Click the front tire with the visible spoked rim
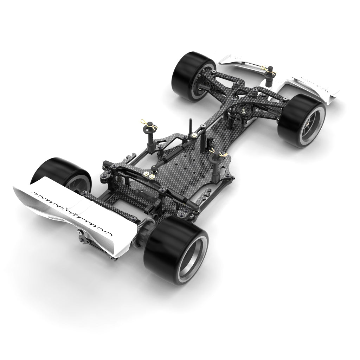[302, 120]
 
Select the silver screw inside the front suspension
[242, 112]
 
